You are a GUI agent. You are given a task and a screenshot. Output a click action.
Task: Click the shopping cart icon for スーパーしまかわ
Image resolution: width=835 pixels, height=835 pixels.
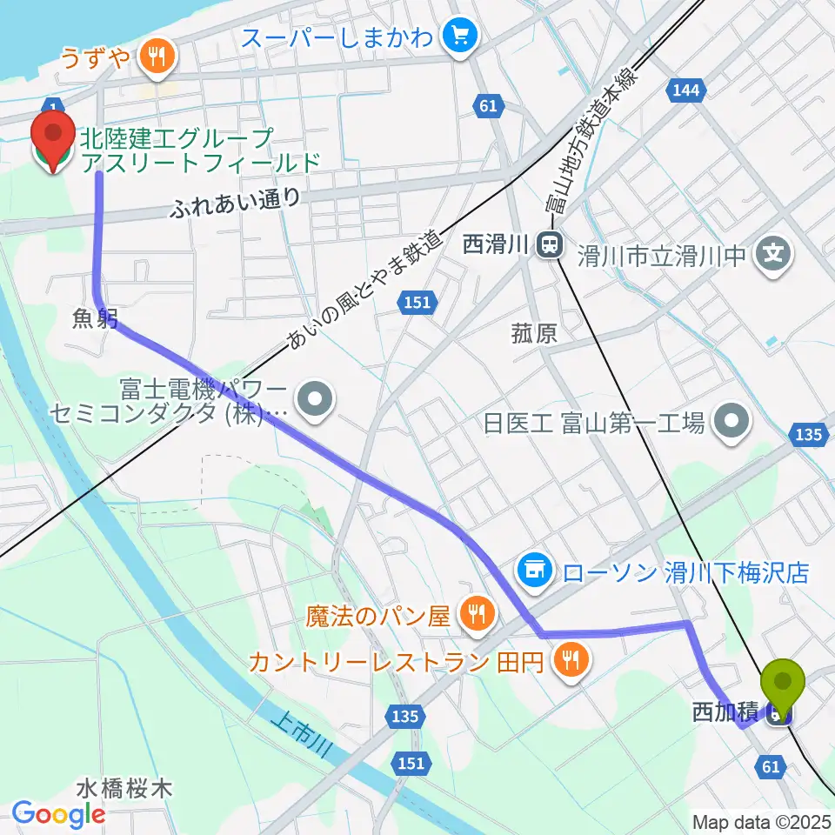458,37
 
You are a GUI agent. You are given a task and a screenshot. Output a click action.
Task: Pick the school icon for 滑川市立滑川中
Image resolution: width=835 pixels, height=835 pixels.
775,254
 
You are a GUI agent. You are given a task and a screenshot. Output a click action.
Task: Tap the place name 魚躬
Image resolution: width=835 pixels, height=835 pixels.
96,319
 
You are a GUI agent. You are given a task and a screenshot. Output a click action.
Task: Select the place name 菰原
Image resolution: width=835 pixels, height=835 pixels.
534,334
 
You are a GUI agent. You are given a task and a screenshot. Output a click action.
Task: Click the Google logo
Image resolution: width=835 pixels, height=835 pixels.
58,813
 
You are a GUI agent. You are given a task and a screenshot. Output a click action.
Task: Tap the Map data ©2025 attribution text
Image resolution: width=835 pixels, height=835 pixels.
761,821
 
